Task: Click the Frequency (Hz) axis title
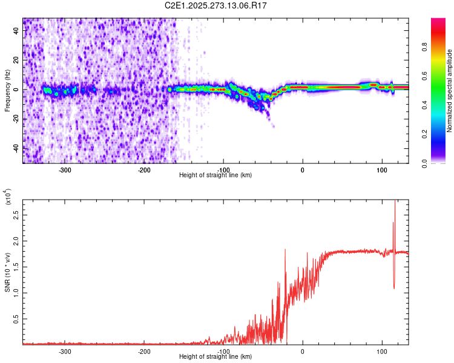click(x=7, y=91)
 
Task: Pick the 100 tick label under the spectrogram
click(x=382, y=170)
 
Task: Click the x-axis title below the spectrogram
click(x=216, y=175)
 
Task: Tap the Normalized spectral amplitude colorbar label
click(x=449, y=91)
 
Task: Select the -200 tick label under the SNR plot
click(x=144, y=352)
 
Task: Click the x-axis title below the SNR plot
click(x=216, y=357)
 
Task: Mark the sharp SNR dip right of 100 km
click(x=395, y=287)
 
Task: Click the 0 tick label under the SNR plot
click(x=303, y=352)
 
